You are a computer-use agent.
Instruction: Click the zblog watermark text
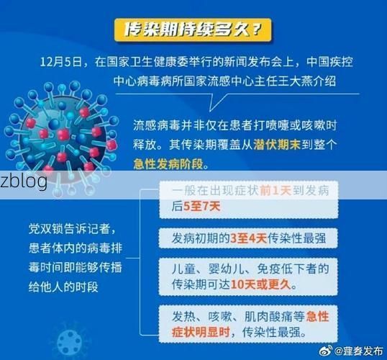[24, 181]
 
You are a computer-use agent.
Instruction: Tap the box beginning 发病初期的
[247, 238]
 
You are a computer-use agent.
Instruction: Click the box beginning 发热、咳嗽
[247, 323]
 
